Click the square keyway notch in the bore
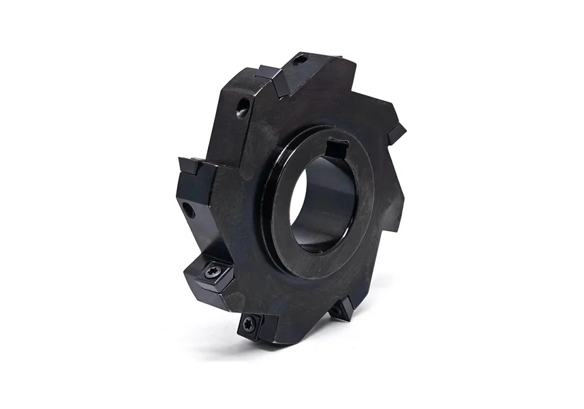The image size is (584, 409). [x=336, y=147]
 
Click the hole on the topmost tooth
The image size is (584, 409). [x=298, y=61]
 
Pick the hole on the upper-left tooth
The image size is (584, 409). [x=242, y=108]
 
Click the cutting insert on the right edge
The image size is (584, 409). [x=397, y=132]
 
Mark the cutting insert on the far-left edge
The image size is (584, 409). [x=189, y=164]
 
